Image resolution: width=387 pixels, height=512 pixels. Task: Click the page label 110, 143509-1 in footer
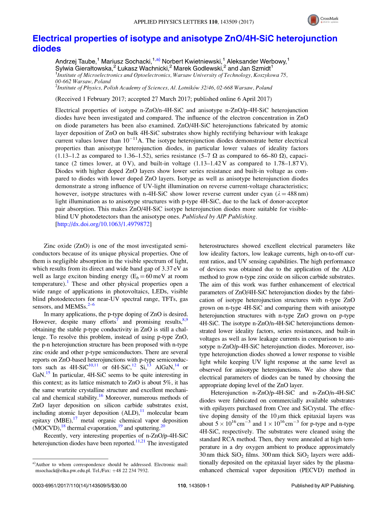click(x=193, y=486)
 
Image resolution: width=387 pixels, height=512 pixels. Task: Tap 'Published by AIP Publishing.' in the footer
click(x=323, y=486)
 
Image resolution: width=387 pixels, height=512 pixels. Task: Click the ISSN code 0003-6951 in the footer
click(x=44, y=486)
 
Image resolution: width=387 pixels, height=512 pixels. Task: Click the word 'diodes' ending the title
click(x=47, y=49)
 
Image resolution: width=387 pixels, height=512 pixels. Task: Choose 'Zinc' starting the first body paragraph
click(x=50, y=246)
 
